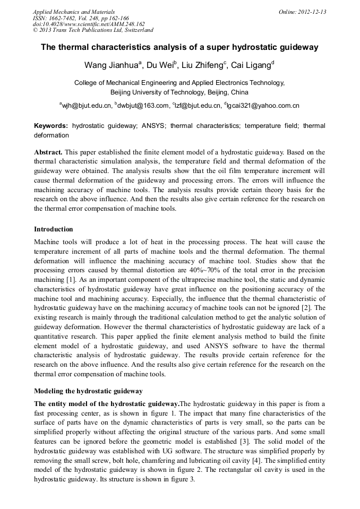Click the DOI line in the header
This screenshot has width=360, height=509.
coord(89,24)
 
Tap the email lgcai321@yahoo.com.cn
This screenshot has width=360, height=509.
coord(263,106)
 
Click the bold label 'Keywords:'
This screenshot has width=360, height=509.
coord(51,126)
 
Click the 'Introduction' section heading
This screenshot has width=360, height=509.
coord(54,229)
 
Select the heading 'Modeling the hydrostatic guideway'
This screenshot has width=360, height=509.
coord(88,391)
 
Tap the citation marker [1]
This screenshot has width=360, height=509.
coord(69,280)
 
